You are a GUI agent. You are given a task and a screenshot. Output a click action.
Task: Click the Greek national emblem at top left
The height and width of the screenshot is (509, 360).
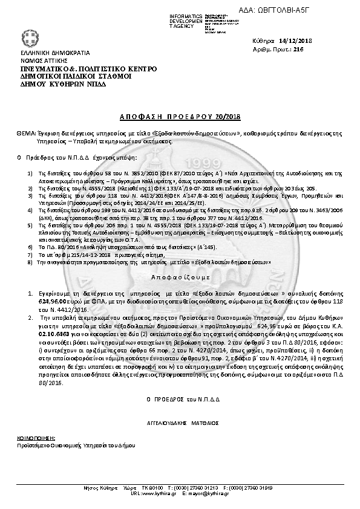click(27, 37)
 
